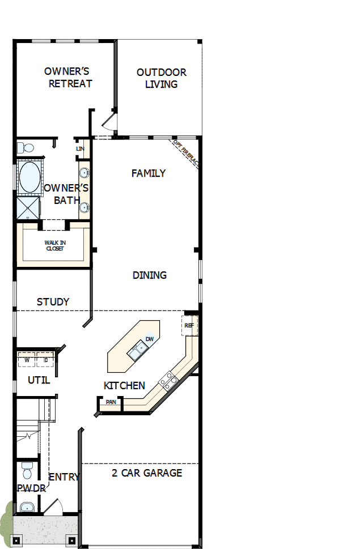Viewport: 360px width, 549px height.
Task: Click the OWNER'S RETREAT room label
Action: [67, 78]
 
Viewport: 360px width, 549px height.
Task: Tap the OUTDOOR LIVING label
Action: [161, 78]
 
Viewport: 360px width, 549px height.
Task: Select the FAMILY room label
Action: [149, 173]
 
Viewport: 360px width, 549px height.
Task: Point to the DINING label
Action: [150, 275]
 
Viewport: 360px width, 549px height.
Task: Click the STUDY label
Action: [53, 302]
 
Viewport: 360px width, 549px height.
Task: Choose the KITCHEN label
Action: [124, 386]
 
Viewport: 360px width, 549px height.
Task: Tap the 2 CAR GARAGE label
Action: [147, 473]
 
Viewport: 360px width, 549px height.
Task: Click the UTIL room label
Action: [39, 380]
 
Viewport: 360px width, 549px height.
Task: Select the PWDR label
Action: [27, 488]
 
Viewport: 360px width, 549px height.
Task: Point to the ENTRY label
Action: [64, 477]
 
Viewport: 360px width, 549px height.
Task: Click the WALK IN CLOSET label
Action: [54, 245]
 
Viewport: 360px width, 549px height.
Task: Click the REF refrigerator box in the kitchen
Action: [189, 326]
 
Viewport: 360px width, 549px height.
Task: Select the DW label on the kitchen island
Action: [150, 339]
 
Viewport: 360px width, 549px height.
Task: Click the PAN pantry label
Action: [110, 402]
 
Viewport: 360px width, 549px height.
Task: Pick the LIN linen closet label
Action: [80, 148]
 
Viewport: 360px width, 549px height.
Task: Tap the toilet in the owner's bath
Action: [24, 148]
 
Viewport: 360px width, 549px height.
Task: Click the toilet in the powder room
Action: [27, 470]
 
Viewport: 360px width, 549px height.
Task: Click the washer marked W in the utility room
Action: [26, 359]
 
